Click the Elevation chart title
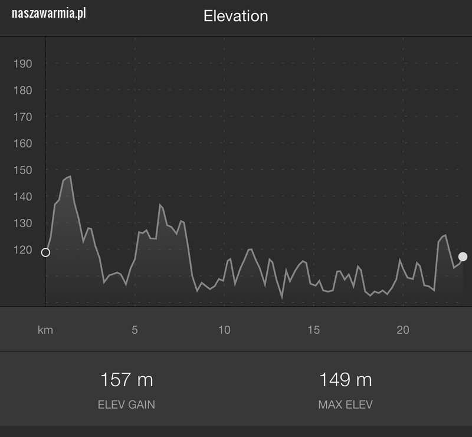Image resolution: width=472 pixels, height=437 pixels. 235,16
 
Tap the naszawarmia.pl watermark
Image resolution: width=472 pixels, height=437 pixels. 49,13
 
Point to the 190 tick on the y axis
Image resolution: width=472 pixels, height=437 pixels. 22,64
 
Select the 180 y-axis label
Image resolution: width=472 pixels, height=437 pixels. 22,90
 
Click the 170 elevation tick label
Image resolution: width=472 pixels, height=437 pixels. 22,117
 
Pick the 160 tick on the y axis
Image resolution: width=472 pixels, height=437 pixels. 22,143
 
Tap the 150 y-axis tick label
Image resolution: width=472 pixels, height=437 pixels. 22,170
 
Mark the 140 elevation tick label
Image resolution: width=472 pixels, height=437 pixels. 22,196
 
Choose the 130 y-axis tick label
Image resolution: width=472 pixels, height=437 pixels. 22,223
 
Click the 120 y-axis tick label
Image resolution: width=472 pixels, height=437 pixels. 22,249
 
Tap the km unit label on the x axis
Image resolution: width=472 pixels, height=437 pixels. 45,330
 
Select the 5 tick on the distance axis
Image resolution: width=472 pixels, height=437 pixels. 135,330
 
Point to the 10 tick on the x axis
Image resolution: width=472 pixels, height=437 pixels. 224,330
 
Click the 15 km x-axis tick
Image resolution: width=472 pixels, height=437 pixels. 313,330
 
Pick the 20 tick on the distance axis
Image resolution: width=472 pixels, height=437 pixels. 403,330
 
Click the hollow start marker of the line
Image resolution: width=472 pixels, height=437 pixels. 45,252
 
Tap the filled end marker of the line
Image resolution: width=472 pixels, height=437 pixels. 463,257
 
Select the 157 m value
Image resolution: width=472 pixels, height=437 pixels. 126,380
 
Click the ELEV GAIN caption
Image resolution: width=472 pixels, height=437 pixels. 126,405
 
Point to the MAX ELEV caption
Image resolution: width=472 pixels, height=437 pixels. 345,405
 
